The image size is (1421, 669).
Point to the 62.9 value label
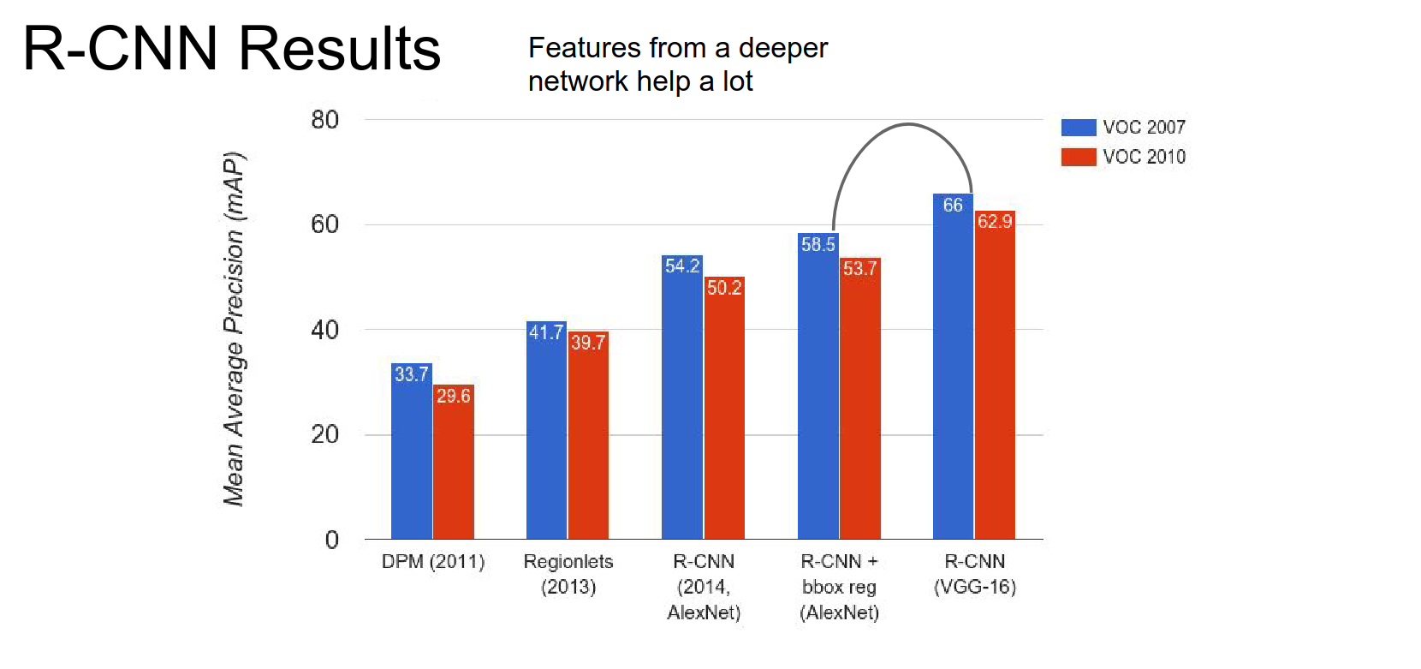pos(995,222)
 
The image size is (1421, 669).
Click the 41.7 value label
pos(546,332)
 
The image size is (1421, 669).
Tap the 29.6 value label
pos(453,396)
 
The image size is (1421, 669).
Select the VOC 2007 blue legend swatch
pos(1078,128)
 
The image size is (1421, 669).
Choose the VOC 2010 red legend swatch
pos(1078,157)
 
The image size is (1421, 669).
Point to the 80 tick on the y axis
pos(325,120)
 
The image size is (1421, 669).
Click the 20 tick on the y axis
pos(325,434)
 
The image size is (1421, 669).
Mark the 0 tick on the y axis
pos(332,540)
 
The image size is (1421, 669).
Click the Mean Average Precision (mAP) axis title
pos(234,329)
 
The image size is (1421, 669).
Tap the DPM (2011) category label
pos(433,562)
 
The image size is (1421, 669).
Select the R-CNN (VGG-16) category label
pos(975,574)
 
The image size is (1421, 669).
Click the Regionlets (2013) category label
pos(568,574)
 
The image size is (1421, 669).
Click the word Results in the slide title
pos(340,49)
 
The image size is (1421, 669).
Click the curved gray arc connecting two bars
pos(907,125)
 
